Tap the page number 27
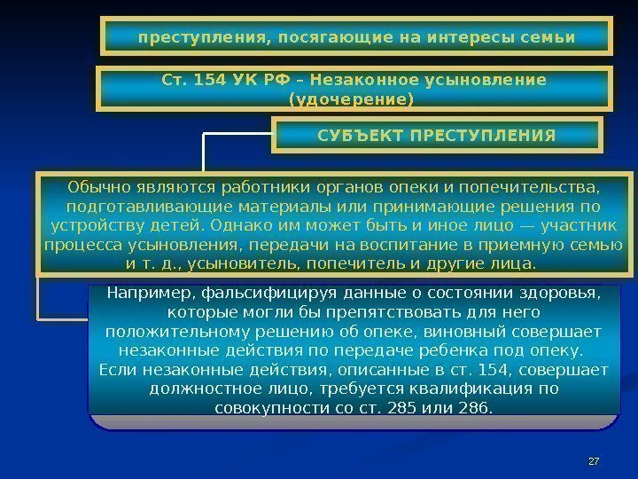click(x=595, y=460)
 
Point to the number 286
click(x=475, y=408)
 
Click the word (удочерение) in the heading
click(x=358, y=99)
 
